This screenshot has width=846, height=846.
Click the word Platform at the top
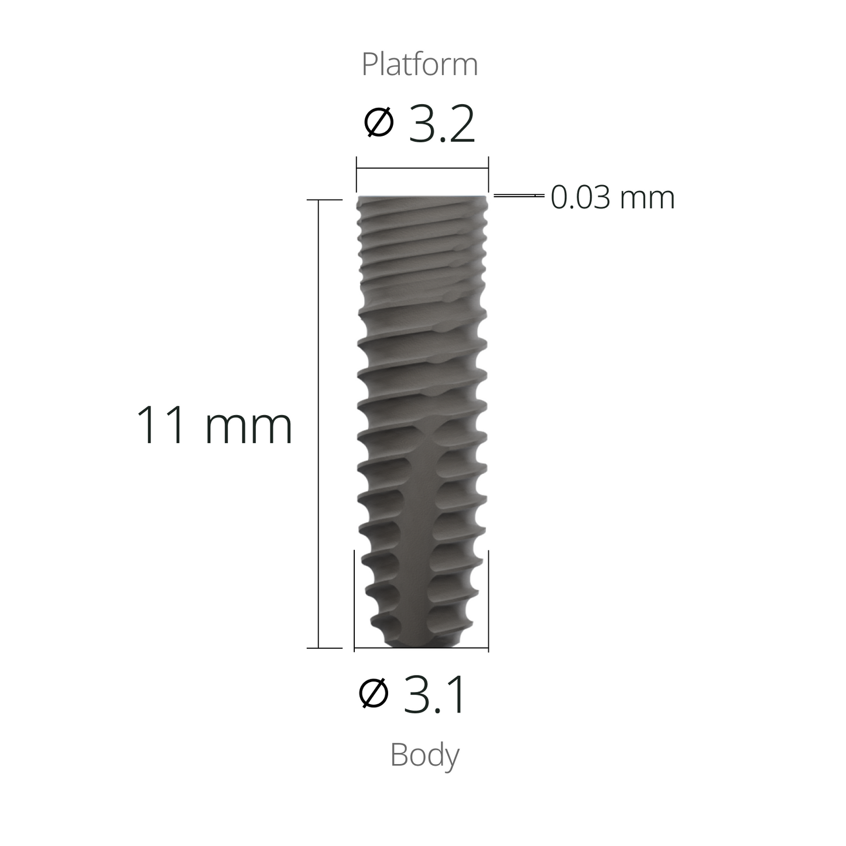[x=420, y=64]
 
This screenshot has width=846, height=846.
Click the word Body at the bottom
[x=424, y=755]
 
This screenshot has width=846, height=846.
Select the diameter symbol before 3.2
[x=379, y=124]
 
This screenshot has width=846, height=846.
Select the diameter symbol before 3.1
[x=374, y=694]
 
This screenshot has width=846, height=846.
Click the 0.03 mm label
[x=612, y=197]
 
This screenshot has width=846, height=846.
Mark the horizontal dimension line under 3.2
[x=422, y=169]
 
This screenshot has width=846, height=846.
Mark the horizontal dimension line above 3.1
[x=422, y=648]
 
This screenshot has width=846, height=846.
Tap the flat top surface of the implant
[x=422, y=197]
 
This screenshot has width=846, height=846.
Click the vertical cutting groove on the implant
[x=430, y=527]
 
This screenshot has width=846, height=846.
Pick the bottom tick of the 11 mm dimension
[x=326, y=648]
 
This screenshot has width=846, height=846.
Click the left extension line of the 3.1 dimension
[x=354, y=597]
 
